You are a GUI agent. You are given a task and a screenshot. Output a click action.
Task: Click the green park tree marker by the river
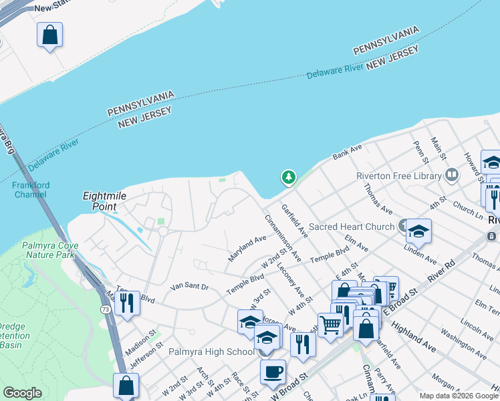tap(289, 177)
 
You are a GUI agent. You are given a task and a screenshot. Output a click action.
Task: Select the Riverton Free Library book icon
tap(452, 175)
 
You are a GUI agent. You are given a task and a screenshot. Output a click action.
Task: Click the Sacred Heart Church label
tap(351, 227)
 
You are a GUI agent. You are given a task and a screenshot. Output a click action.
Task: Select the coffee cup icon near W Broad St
tap(273, 371)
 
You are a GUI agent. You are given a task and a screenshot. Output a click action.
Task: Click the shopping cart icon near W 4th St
tap(330, 325)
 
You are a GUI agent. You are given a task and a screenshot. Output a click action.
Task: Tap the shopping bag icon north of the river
tap(50, 34)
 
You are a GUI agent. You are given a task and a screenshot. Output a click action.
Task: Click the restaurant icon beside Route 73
tap(127, 303)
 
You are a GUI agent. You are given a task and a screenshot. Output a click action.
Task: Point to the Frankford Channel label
tap(29, 190)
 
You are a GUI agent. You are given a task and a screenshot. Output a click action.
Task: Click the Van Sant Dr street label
tap(190, 287)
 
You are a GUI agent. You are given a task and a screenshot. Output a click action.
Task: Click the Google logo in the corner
tap(22, 393)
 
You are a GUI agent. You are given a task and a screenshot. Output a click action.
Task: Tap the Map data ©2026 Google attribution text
tap(459, 396)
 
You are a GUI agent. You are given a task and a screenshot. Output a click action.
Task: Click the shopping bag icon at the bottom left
tap(126, 385)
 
